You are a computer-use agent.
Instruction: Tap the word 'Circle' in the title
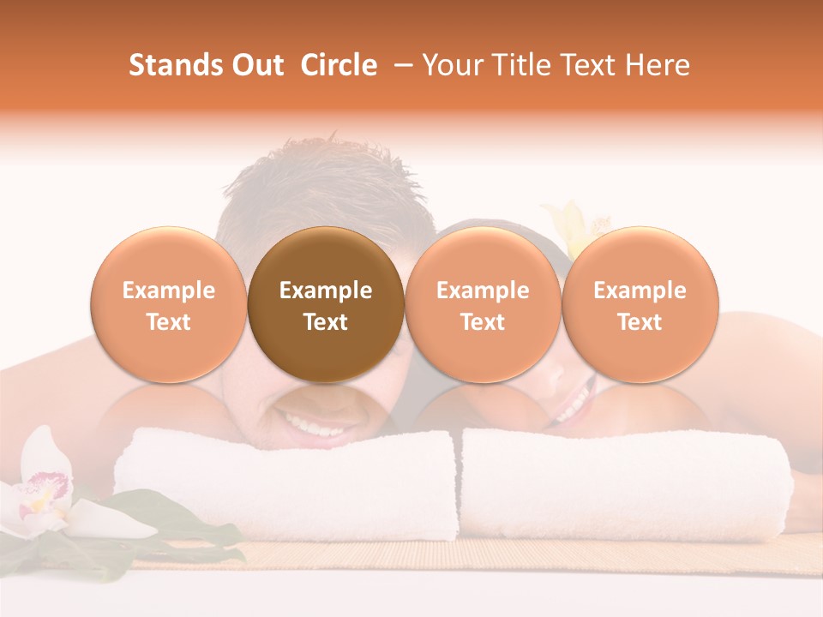[x=339, y=65]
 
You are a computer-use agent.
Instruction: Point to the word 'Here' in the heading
[x=658, y=65]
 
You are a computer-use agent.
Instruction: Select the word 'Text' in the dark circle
[x=325, y=322]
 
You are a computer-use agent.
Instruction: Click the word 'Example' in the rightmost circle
[x=640, y=291]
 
